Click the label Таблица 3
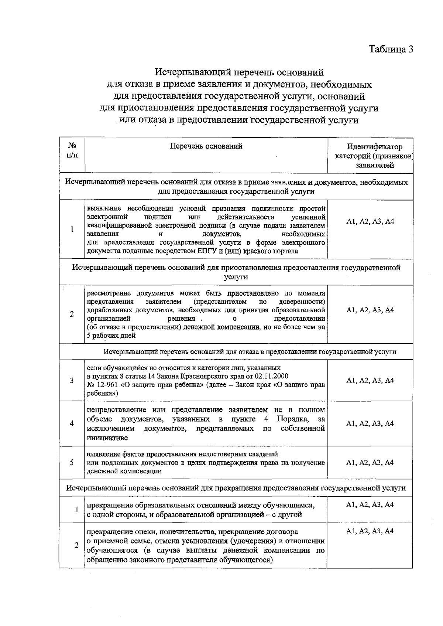pos(391,50)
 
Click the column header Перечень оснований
pos(206,146)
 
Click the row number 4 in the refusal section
pos(72,423)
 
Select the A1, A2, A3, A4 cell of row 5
pos(370,463)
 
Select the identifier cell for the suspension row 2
pos(370,310)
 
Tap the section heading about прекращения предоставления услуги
pos(236,488)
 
